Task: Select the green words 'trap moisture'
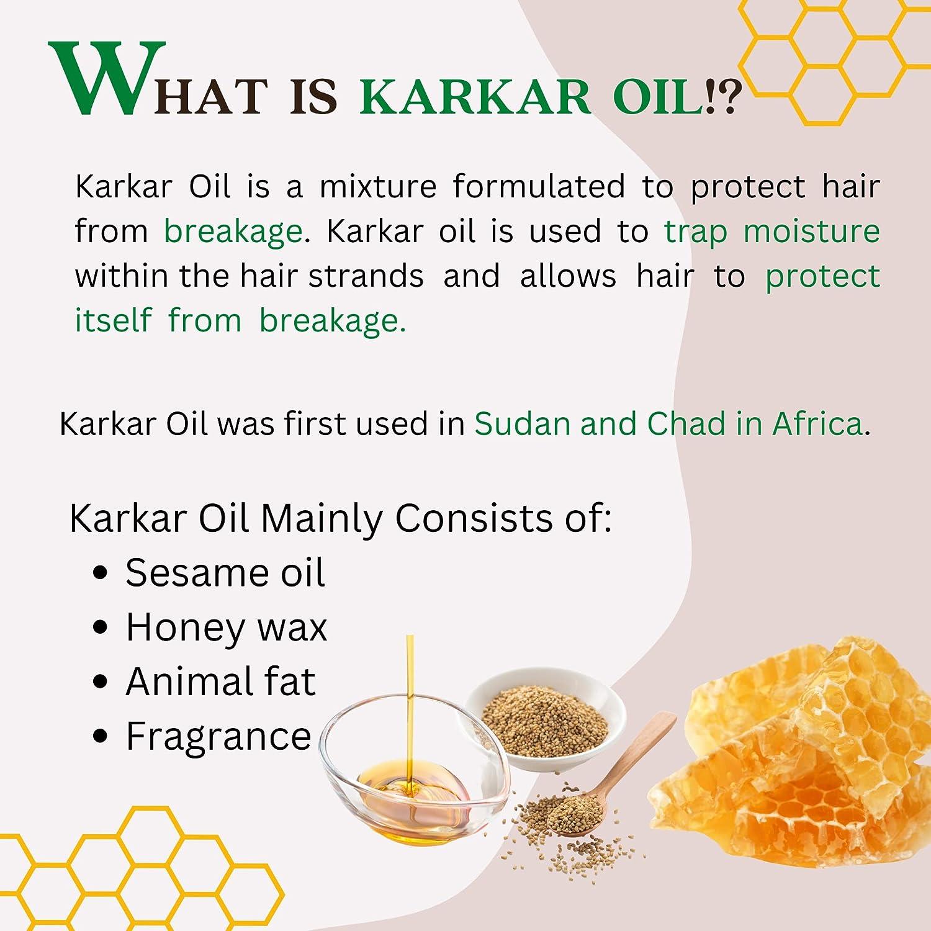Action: click(x=771, y=231)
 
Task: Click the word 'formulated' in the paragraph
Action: click(x=538, y=186)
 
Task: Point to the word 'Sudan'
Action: click(x=523, y=424)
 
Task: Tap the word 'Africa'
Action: click(x=817, y=424)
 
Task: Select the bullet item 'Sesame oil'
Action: click(x=225, y=572)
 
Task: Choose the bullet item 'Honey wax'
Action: click(x=226, y=627)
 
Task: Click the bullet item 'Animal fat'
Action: click(x=220, y=681)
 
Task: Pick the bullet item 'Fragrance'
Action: click(x=218, y=736)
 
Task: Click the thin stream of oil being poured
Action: click(x=410, y=695)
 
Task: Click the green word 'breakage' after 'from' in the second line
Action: click(x=233, y=231)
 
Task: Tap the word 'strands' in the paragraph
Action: click(x=366, y=276)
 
